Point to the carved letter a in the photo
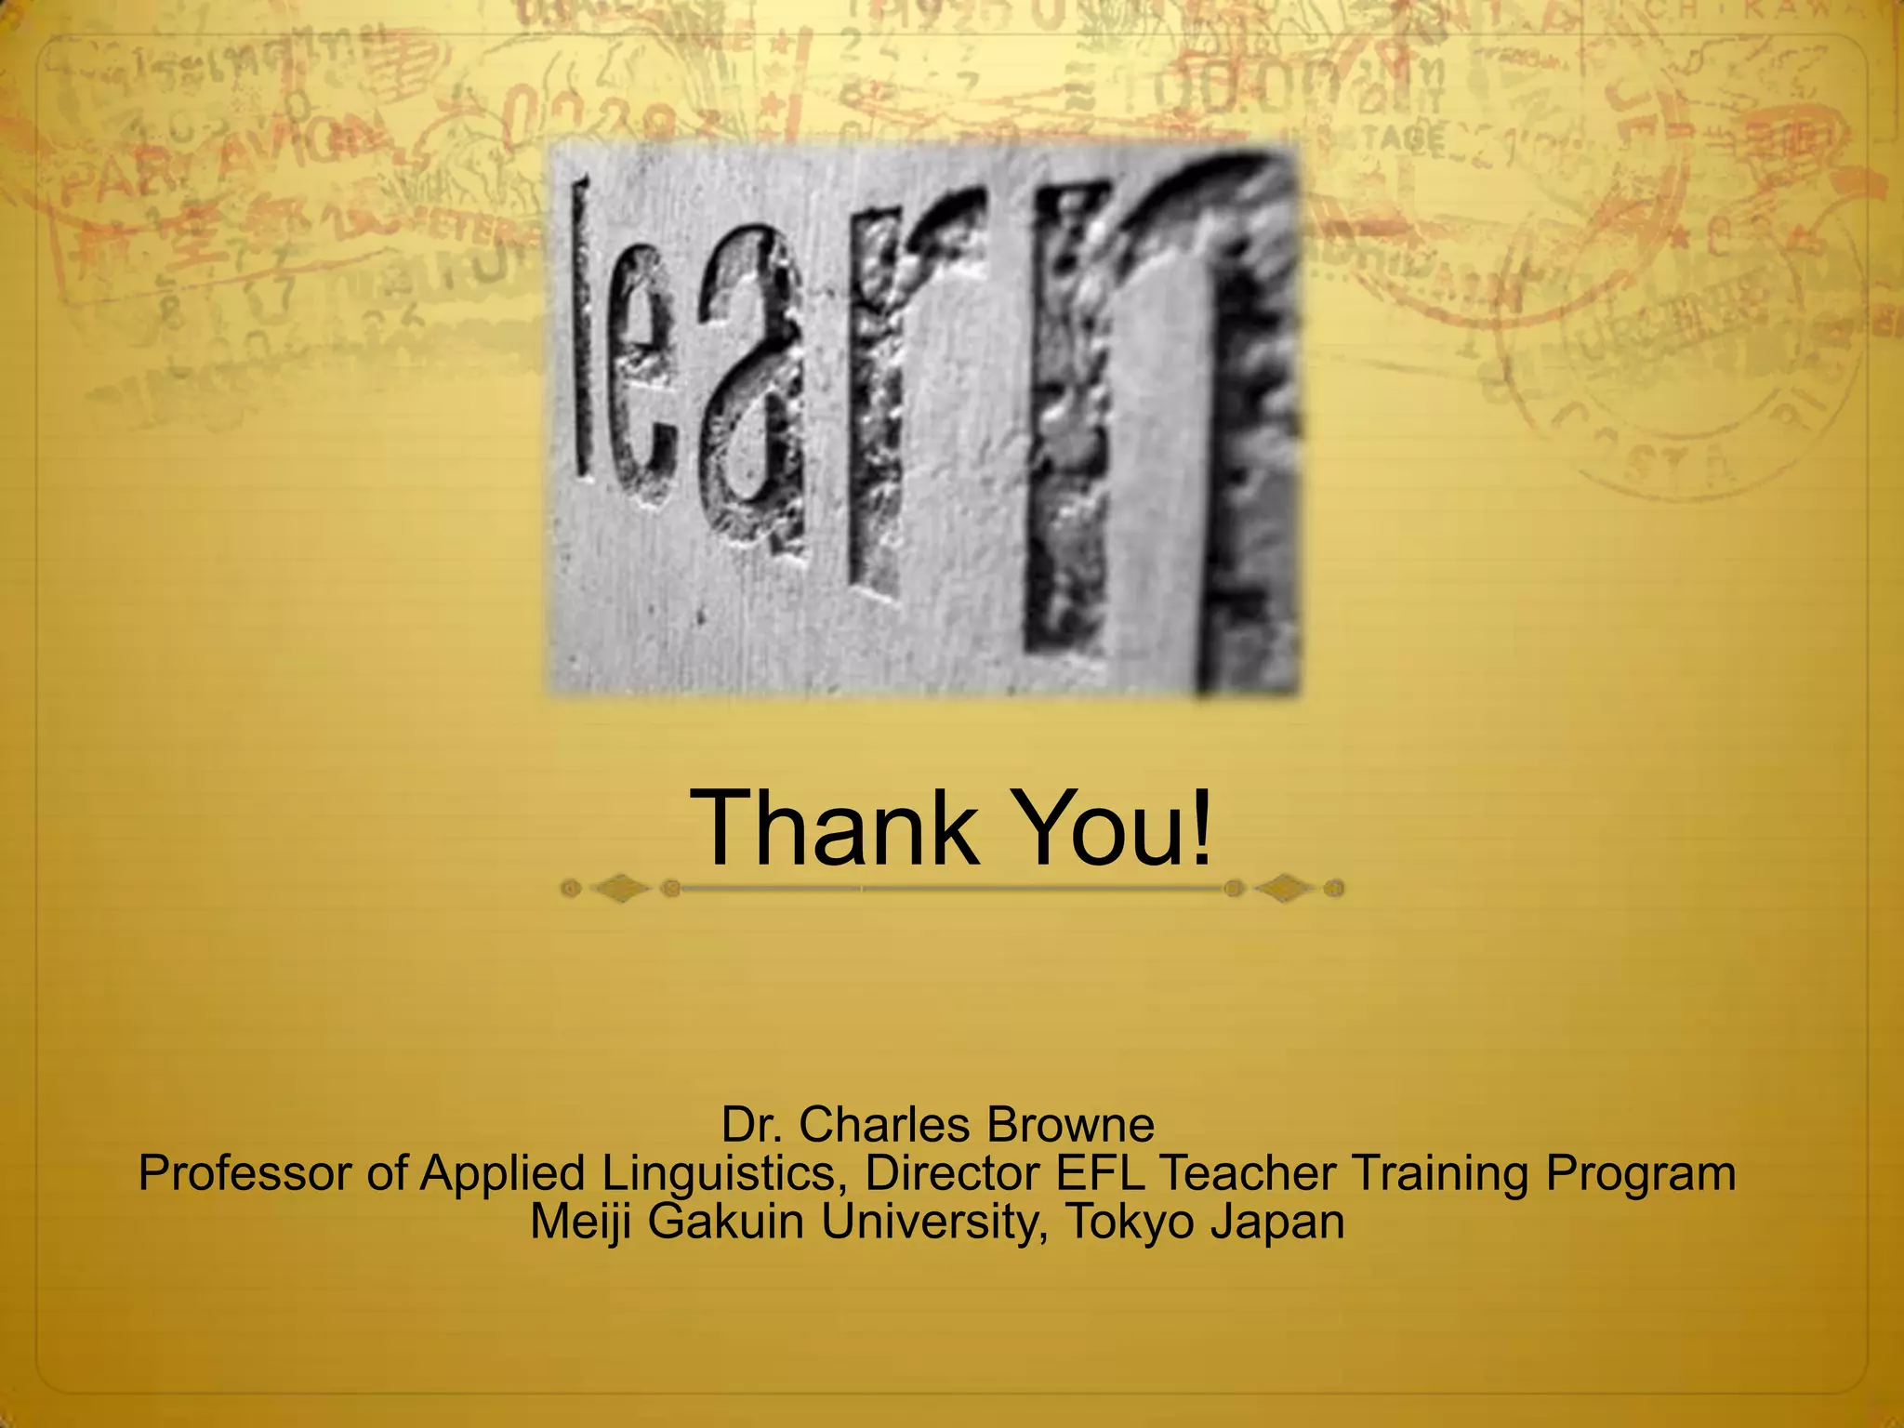(x=753, y=390)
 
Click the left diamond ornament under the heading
(x=620, y=890)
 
